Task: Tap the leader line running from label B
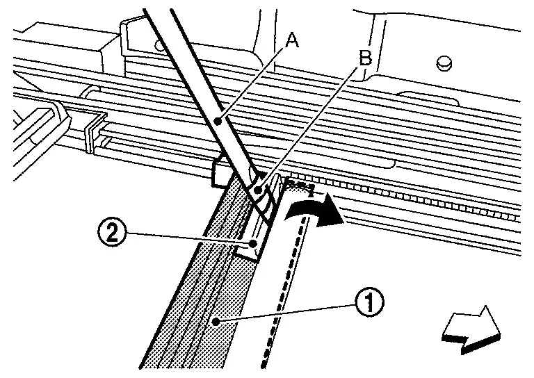coord(313,125)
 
